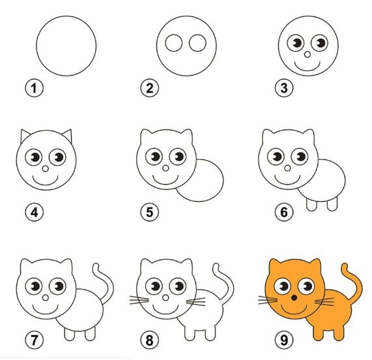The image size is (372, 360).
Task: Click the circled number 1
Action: [x=35, y=88]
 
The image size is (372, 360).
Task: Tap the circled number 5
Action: [x=150, y=212]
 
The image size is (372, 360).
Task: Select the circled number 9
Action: [x=284, y=340]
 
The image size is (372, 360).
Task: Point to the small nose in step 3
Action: [x=308, y=55]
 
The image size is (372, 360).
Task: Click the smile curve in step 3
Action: [x=308, y=70]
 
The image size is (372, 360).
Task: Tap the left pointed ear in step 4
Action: [x=25, y=135]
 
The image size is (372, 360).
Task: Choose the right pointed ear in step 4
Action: [x=68, y=135]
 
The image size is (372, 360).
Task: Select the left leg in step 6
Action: [x=311, y=205]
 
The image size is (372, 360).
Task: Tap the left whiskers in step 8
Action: [x=139, y=300]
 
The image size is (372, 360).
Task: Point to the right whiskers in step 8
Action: [x=196, y=302]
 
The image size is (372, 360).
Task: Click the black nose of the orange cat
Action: [x=294, y=298]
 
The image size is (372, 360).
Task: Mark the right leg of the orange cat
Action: [x=339, y=334]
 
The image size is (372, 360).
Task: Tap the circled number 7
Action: [x=35, y=340]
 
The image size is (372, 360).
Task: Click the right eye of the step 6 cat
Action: [x=300, y=157]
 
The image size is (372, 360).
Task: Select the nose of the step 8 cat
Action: [x=166, y=298]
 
